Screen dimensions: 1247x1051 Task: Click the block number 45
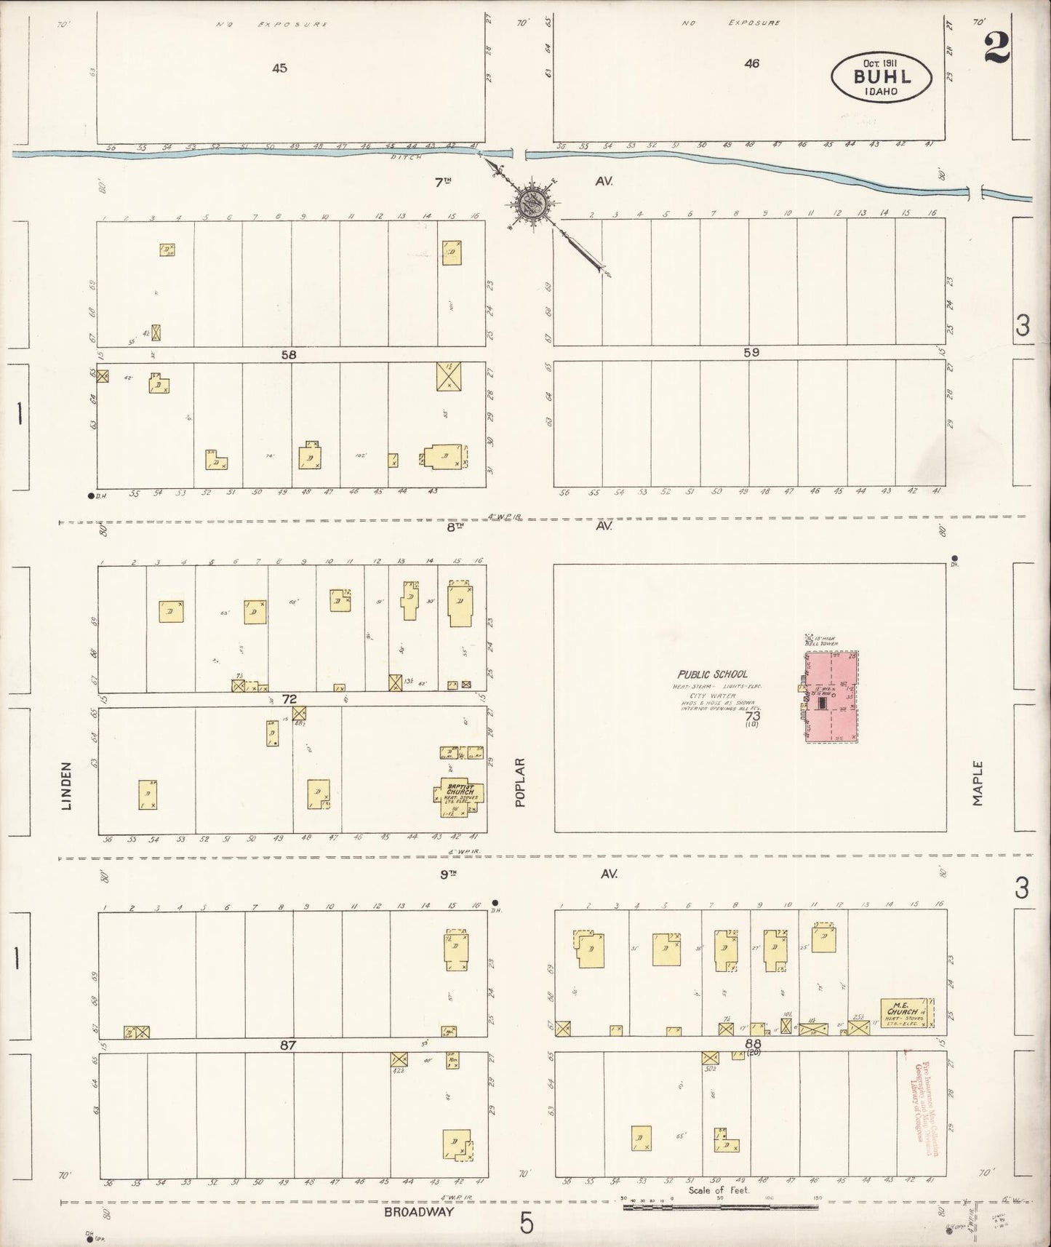[x=279, y=68]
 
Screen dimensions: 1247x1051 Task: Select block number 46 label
[x=751, y=64]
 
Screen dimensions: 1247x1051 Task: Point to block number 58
[x=289, y=354]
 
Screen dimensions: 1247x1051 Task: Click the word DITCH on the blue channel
[x=401, y=156]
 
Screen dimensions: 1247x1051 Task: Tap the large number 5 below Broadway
[x=526, y=1224]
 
